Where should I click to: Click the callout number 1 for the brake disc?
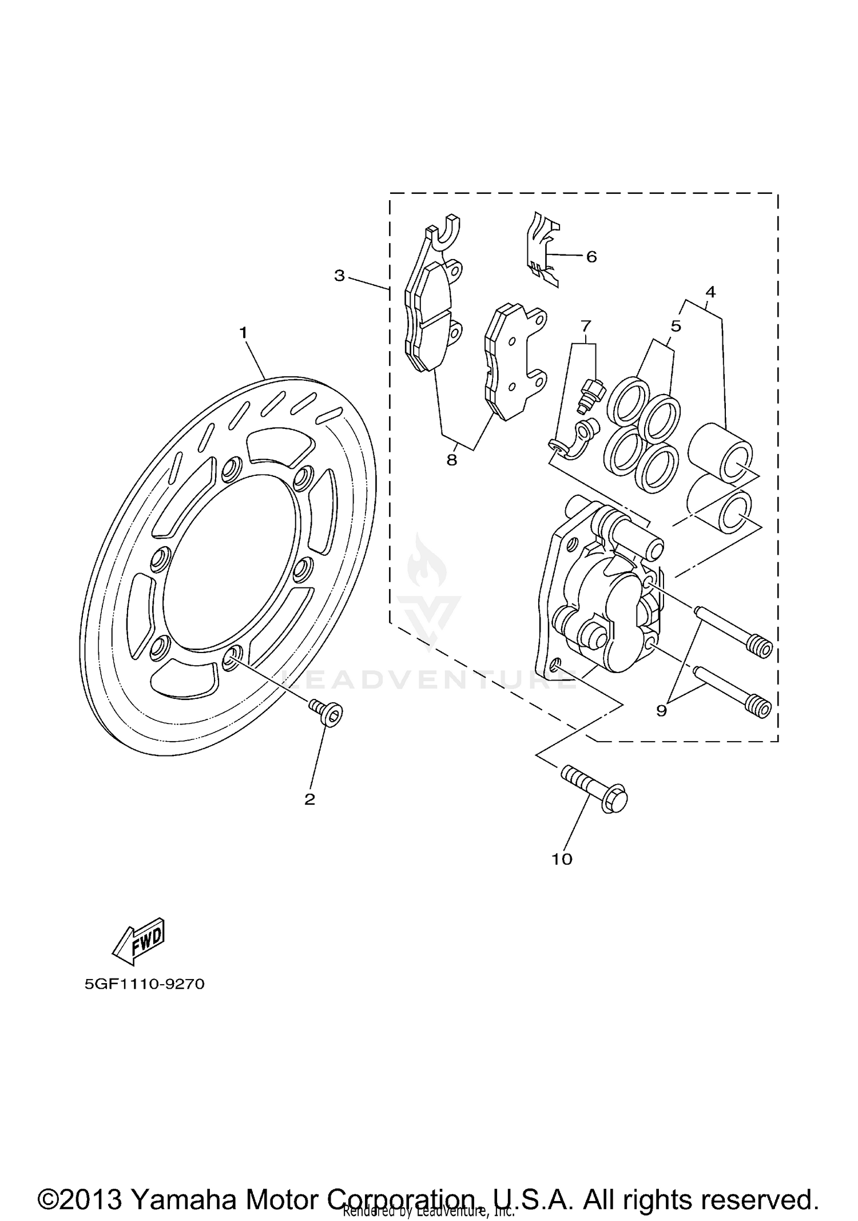click(243, 332)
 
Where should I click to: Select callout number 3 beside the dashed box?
click(340, 276)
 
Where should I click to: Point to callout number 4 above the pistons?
click(710, 292)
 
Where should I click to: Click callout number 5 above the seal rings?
click(676, 326)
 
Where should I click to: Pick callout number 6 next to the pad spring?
click(591, 257)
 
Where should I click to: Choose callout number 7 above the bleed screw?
click(585, 326)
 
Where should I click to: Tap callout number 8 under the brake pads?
click(452, 460)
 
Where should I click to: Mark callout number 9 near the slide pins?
click(661, 711)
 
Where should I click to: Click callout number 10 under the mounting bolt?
click(562, 875)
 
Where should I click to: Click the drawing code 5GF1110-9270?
click(144, 984)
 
